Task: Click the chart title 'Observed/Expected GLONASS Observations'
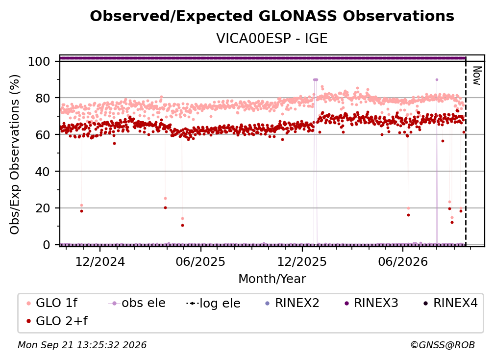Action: [272, 16]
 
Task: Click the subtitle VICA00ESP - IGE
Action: [272, 38]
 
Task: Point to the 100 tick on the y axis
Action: [39, 61]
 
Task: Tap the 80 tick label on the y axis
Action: [43, 98]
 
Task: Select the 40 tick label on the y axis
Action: [43, 172]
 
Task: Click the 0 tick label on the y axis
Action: [47, 245]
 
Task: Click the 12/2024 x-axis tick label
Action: [100, 261]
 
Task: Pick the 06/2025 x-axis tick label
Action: [201, 261]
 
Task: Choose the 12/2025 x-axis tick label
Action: [302, 261]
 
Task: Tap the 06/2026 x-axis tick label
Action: [403, 261]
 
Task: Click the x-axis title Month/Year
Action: [272, 279]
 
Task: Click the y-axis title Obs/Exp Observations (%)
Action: [15, 154]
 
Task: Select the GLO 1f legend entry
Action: [52, 303]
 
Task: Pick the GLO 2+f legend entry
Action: [57, 321]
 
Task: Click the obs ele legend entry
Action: [137, 303]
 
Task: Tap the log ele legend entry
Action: [213, 303]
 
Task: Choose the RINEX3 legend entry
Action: [371, 303]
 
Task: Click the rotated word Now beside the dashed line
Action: [477, 76]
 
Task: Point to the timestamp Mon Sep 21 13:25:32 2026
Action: [82, 345]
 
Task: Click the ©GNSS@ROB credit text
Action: [443, 345]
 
